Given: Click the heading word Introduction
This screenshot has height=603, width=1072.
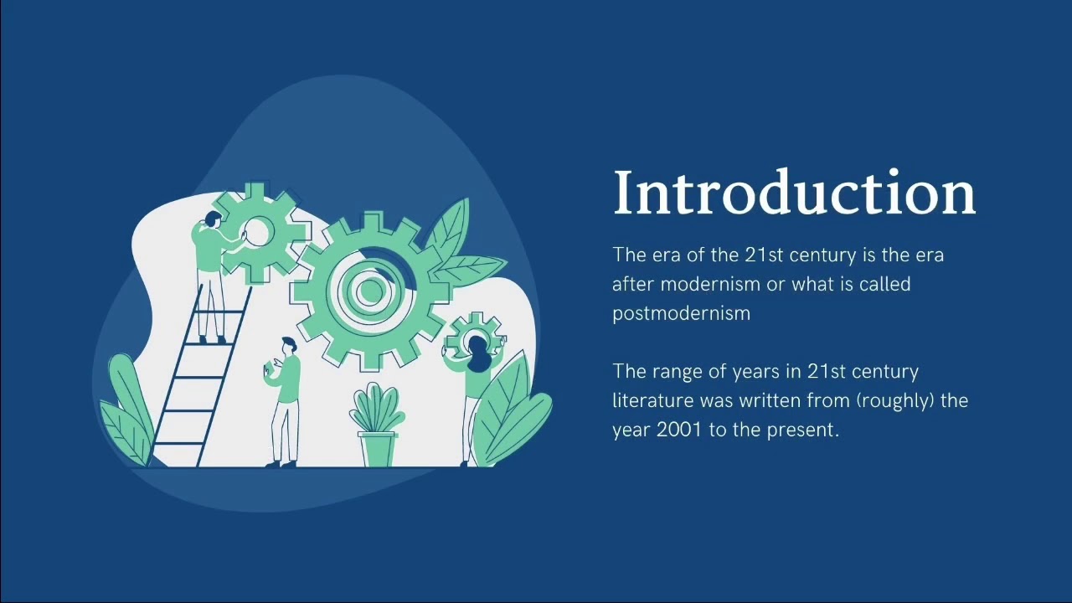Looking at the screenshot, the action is pyautogui.click(x=795, y=192).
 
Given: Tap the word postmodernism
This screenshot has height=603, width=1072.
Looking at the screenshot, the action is pyautogui.click(x=682, y=314).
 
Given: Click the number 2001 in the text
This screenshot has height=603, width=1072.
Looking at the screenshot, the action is pyautogui.click(x=678, y=430).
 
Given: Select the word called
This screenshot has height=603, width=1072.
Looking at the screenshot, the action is pyautogui.click(x=885, y=284).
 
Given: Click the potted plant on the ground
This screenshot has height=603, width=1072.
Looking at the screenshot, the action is pyautogui.click(x=378, y=425).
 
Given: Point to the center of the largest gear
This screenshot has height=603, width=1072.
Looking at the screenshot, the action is pyautogui.click(x=368, y=290).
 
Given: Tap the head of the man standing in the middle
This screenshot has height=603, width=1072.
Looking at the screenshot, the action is pyautogui.click(x=289, y=345).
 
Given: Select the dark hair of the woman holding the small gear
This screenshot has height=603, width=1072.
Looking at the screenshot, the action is pyautogui.click(x=477, y=354).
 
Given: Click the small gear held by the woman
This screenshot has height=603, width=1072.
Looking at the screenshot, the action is pyautogui.click(x=475, y=335).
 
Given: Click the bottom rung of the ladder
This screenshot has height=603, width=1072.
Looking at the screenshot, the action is pyautogui.click(x=178, y=445).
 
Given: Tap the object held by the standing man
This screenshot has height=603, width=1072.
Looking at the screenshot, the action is pyautogui.click(x=268, y=369).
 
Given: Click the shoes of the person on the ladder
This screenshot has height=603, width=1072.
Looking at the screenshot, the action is pyautogui.click(x=212, y=340).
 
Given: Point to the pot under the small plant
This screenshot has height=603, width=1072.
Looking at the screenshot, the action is pyautogui.click(x=377, y=449).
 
